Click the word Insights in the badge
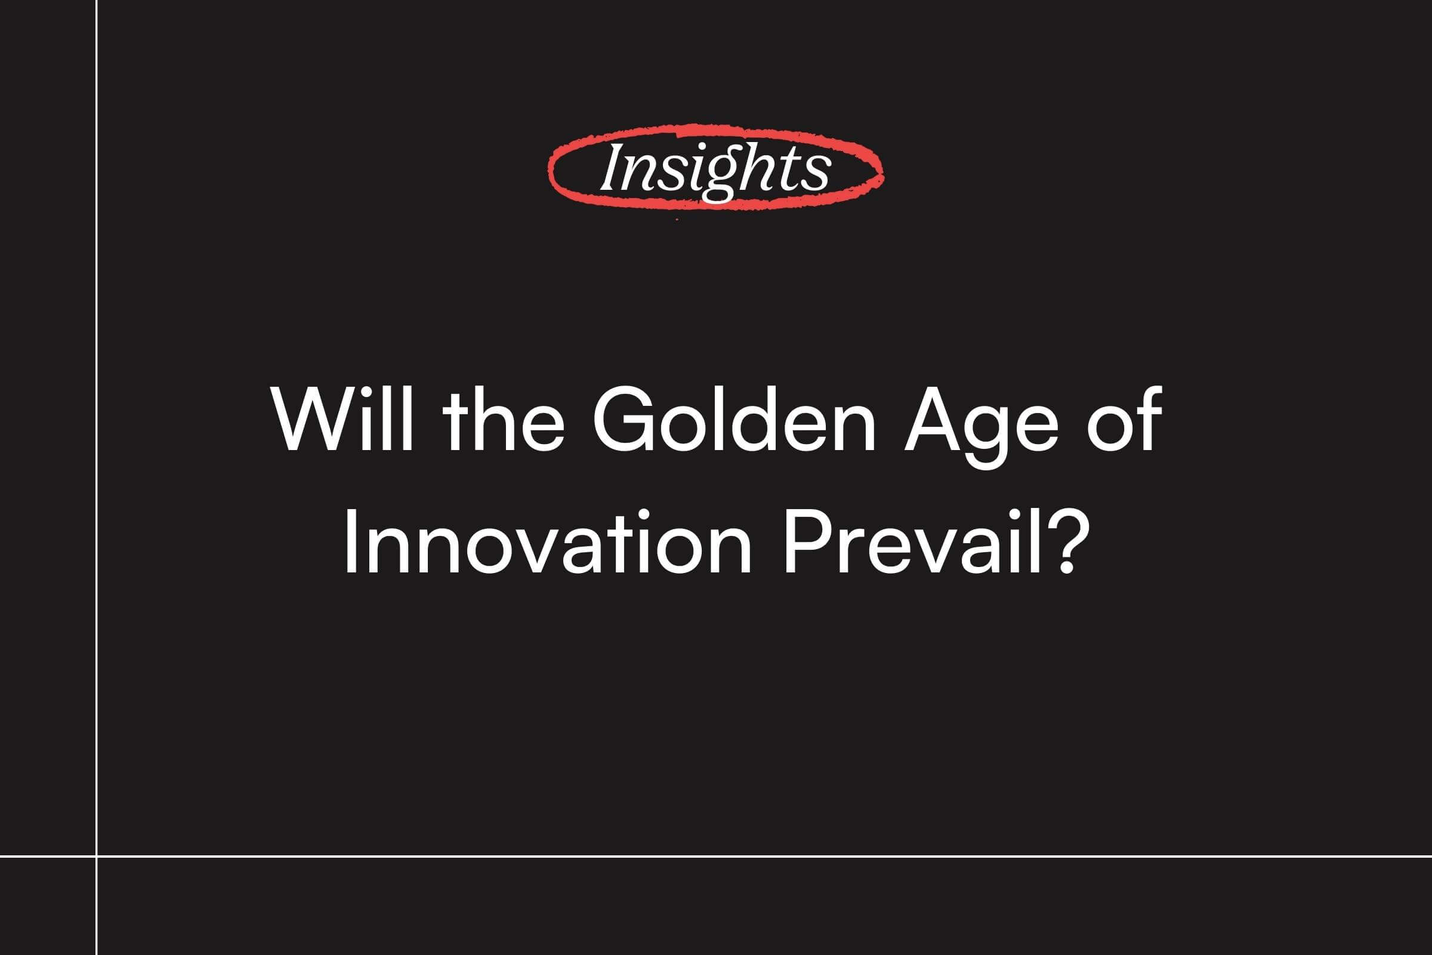click(715, 170)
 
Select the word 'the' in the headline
click(504, 420)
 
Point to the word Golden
click(734, 420)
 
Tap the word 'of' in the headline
click(1124, 418)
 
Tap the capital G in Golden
click(622, 420)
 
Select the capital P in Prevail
click(808, 541)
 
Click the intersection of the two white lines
click(97, 856)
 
